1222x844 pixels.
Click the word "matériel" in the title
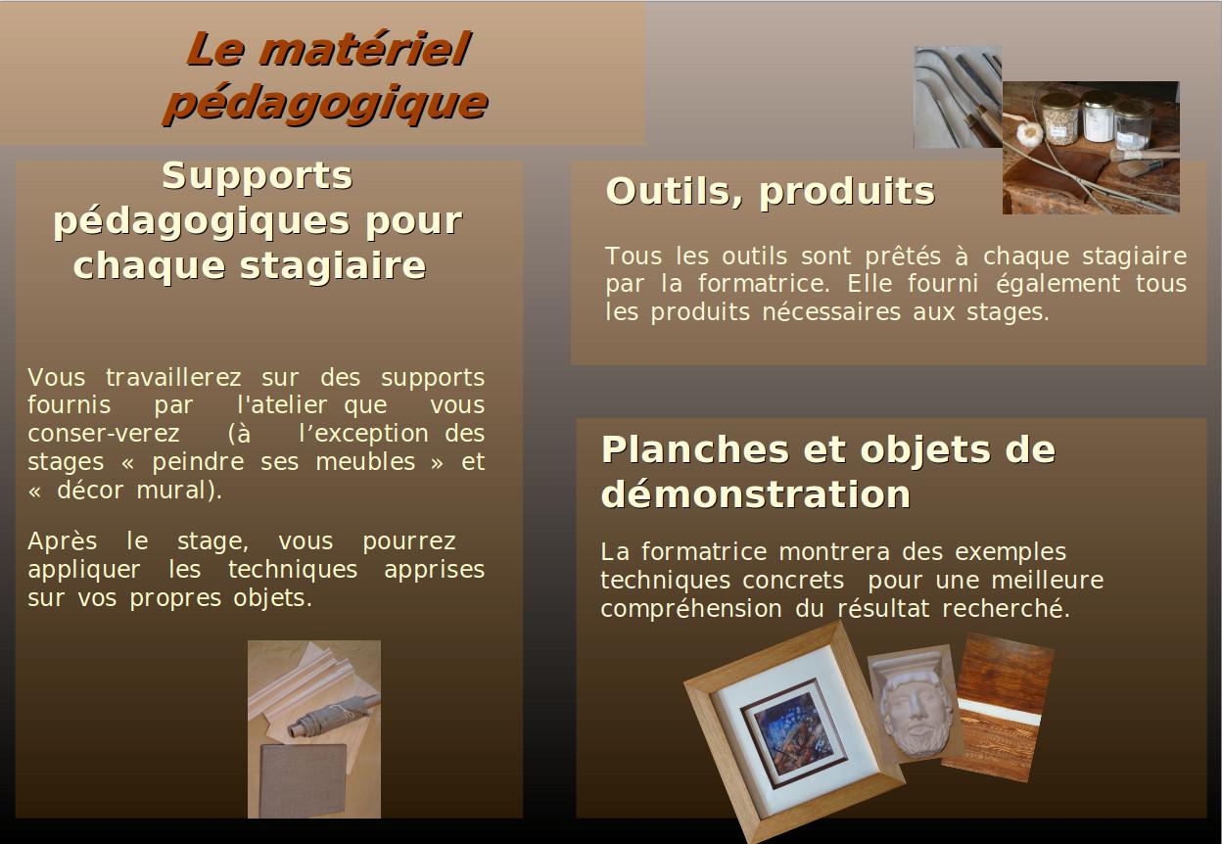[x=364, y=49]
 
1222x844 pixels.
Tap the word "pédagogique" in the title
[x=326, y=103]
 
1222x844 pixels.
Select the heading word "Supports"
[x=257, y=175]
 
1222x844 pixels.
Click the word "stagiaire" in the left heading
[x=333, y=265]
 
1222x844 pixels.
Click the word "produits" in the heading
[x=847, y=192]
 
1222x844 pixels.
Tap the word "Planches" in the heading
[x=695, y=449]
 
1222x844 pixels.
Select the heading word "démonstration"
[x=756, y=494]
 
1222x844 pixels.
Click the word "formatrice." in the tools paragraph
[x=766, y=284]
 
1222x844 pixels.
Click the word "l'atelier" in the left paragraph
[x=283, y=404]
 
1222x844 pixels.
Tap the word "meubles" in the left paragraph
[x=365, y=462]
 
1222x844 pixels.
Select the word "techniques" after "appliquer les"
[x=293, y=570]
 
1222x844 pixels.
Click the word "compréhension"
[x=691, y=609]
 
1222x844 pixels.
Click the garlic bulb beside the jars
[x=1029, y=131]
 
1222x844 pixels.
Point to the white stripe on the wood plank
[x=1000, y=712]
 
